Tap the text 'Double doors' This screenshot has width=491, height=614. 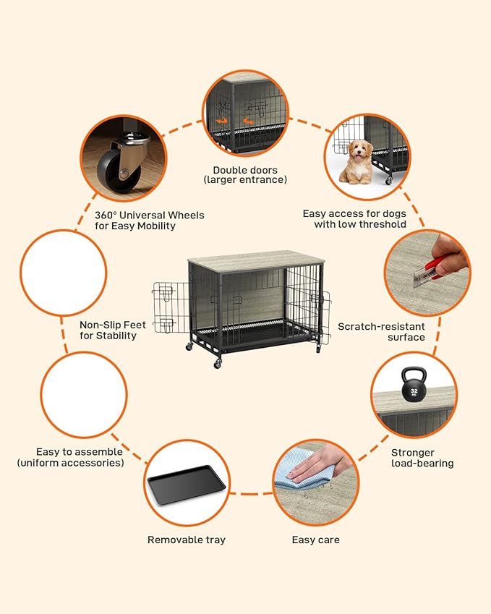[x=244, y=171]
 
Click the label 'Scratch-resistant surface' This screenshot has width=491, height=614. [x=381, y=332]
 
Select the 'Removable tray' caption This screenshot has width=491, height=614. [x=187, y=540]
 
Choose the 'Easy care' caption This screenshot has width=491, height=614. [x=315, y=540]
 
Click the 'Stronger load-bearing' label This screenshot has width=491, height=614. [x=422, y=458]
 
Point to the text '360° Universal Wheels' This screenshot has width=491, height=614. [x=150, y=215]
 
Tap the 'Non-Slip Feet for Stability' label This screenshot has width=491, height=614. [x=108, y=330]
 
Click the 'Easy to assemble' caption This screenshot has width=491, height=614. [x=70, y=457]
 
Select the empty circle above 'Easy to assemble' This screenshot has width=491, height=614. [x=84, y=395]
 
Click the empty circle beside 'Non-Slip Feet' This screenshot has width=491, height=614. [x=64, y=273]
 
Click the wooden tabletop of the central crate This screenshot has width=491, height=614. [x=254, y=258]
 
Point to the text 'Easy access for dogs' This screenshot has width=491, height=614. [x=354, y=213]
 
